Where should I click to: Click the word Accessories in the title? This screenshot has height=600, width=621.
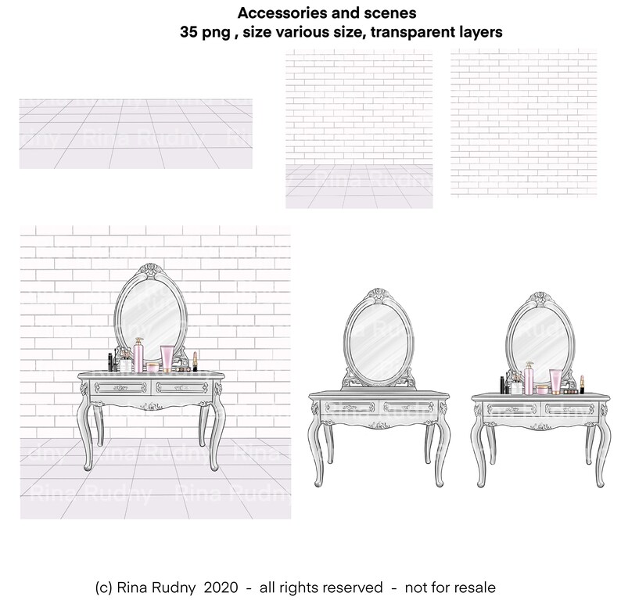click(x=267, y=13)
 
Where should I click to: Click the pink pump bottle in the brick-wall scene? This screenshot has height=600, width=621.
click(x=138, y=356)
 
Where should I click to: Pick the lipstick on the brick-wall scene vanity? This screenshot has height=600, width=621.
click(x=194, y=361)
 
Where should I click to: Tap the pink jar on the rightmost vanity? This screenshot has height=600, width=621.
click(x=540, y=389)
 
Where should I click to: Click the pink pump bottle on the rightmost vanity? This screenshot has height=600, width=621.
click(x=528, y=378)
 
